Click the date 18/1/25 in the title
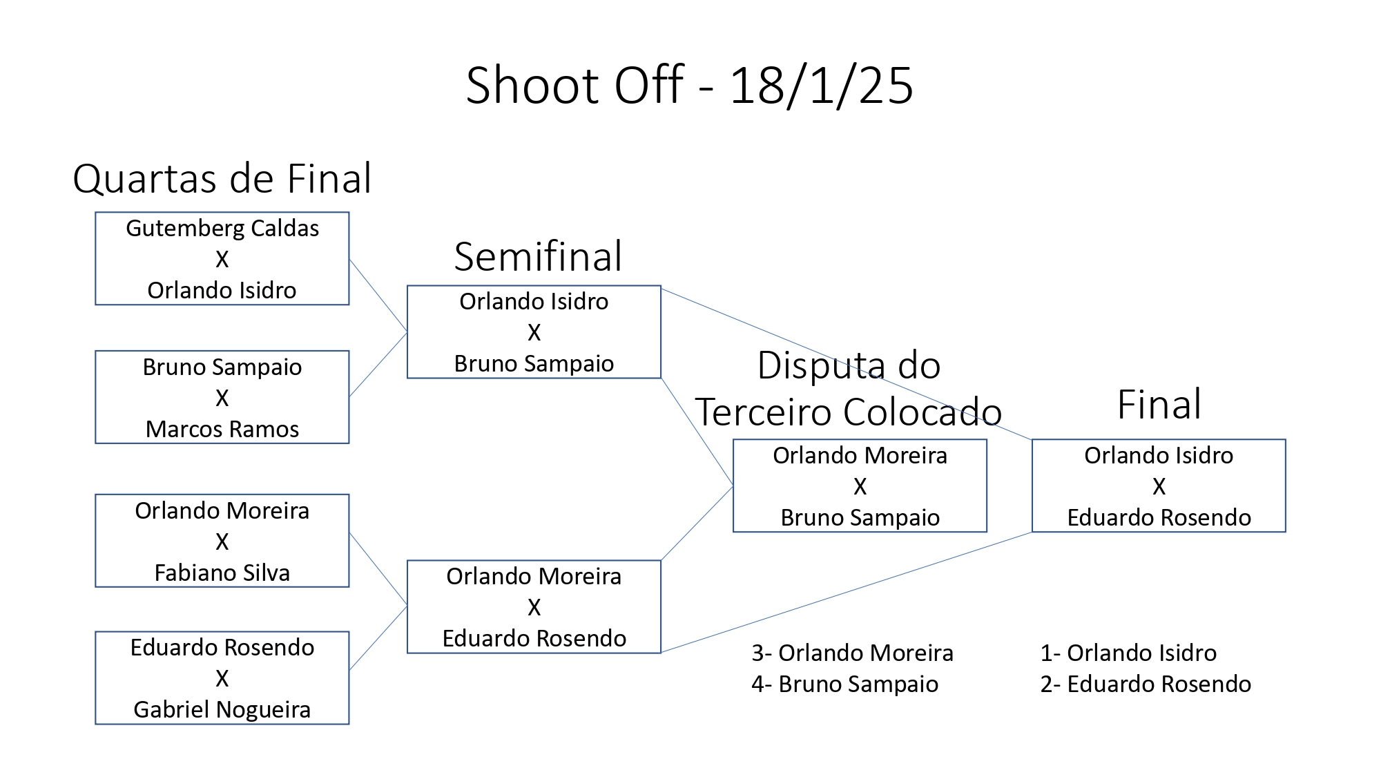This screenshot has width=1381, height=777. (822, 86)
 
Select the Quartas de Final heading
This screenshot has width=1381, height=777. (222, 178)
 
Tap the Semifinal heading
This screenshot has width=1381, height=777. (538, 256)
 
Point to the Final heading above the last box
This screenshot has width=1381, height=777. (1159, 404)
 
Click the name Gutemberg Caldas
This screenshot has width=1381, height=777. (222, 228)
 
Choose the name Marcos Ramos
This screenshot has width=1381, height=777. (222, 429)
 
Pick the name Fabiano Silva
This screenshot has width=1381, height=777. (222, 573)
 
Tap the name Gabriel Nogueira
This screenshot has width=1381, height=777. (222, 709)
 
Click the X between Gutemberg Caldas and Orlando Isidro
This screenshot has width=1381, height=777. (222, 259)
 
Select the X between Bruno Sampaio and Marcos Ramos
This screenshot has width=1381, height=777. (222, 398)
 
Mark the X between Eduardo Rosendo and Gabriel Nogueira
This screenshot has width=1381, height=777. (222, 678)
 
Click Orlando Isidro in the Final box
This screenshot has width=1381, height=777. (1159, 455)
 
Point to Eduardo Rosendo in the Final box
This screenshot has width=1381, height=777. (1159, 517)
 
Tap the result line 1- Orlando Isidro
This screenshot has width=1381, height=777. (1128, 653)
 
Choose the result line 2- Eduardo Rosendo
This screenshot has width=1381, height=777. (1146, 684)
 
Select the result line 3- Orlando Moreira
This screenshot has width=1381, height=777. (852, 653)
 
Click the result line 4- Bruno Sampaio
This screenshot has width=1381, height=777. (844, 684)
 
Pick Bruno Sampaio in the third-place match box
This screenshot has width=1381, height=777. (860, 517)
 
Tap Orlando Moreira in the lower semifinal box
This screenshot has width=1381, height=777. (534, 576)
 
